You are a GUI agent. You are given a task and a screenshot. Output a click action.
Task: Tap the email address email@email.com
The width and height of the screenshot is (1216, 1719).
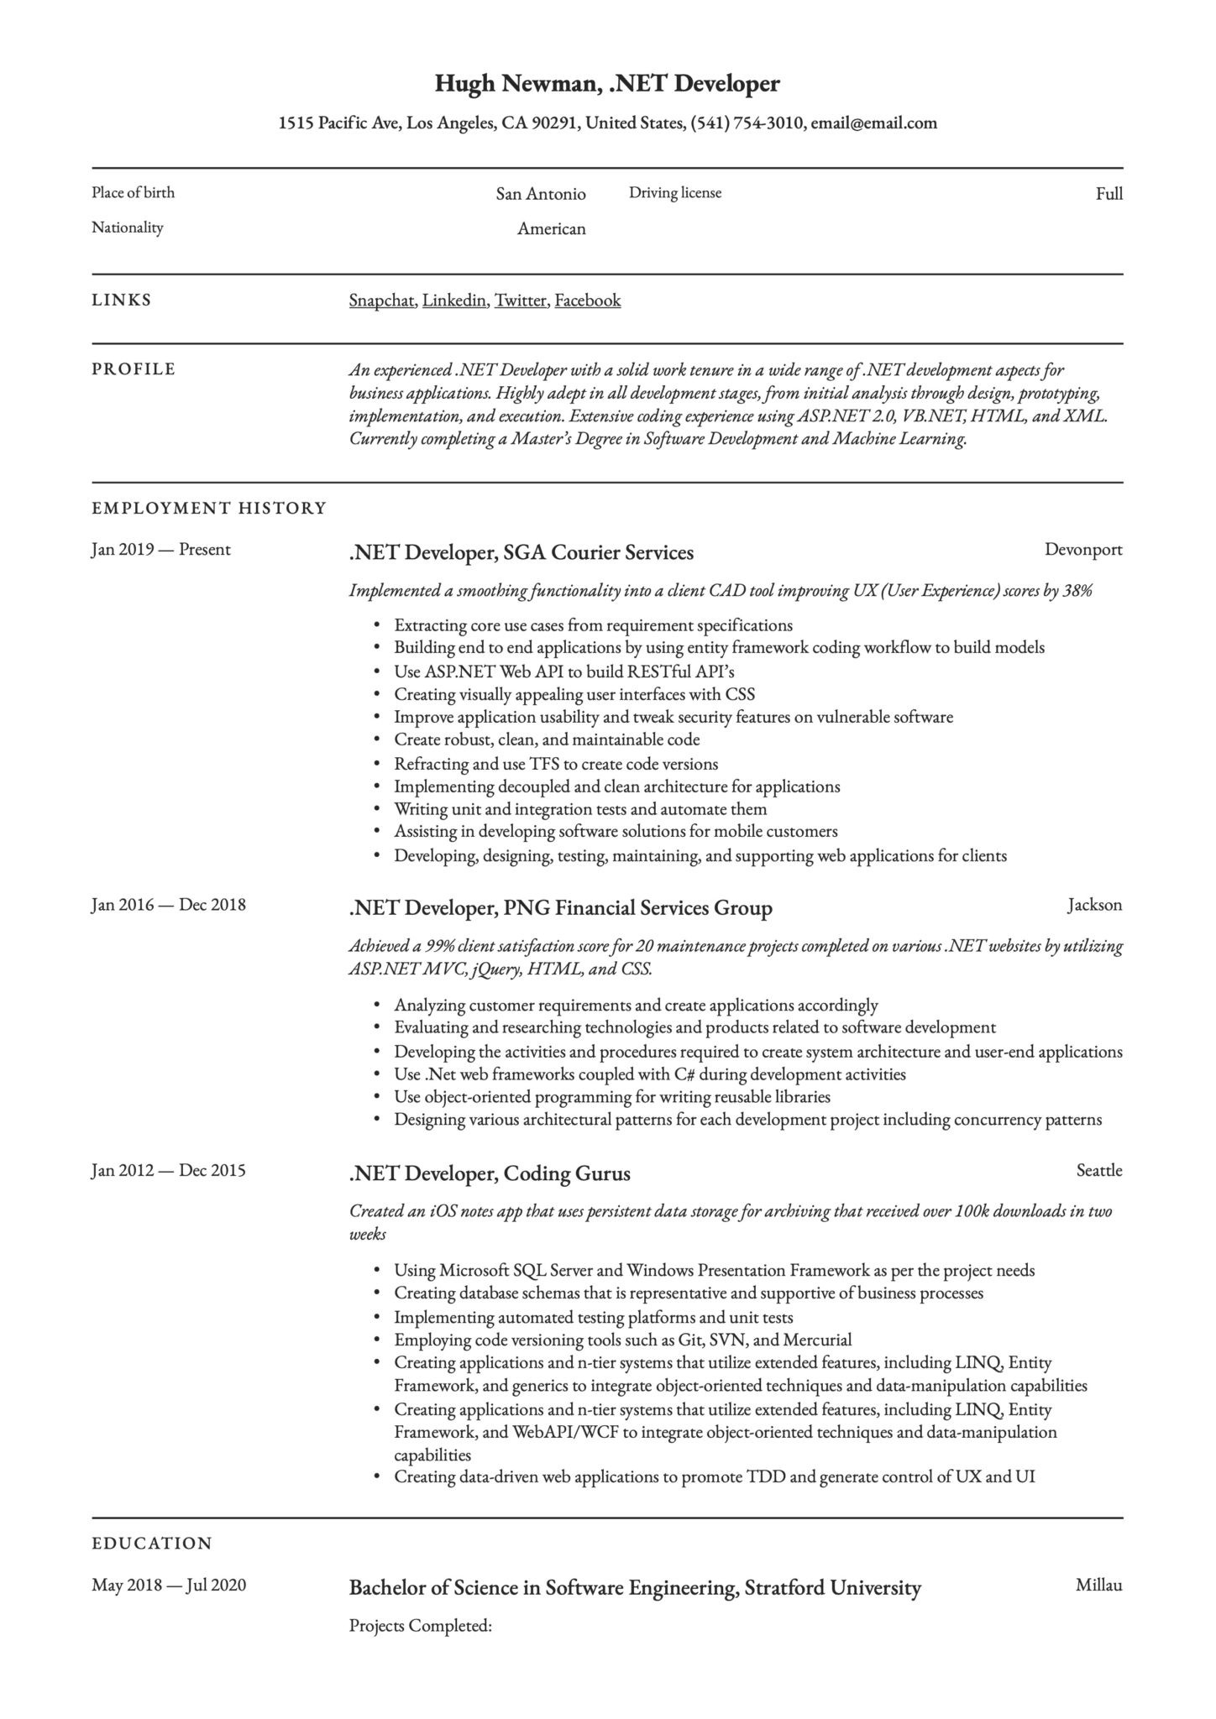pyautogui.click(x=873, y=123)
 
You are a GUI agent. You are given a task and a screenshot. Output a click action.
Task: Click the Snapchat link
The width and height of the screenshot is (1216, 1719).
pyautogui.click(x=381, y=300)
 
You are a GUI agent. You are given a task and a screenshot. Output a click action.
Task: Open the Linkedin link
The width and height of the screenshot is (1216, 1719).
pyautogui.click(x=454, y=300)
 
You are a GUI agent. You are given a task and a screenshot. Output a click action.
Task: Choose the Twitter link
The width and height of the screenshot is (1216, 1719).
pyautogui.click(x=521, y=300)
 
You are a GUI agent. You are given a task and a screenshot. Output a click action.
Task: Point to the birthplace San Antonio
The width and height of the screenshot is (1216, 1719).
pyautogui.click(x=540, y=195)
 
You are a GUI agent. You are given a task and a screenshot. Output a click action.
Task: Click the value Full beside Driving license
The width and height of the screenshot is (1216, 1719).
pyautogui.click(x=1109, y=195)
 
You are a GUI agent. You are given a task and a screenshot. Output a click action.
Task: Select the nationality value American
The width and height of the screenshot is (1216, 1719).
pyautogui.click(x=551, y=229)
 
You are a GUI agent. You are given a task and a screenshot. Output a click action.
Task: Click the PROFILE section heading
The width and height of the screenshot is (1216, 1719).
pyautogui.click(x=134, y=369)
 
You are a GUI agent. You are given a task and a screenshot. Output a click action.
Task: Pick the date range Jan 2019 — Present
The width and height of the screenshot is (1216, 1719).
pyautogui.click(x=160, y=550)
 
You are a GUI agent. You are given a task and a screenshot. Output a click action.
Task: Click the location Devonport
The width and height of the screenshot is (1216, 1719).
pyautogui.click(x=1082, y=550)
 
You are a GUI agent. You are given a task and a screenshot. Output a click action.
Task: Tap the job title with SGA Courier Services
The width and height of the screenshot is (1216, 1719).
pyautogui.click(x=521, y=553)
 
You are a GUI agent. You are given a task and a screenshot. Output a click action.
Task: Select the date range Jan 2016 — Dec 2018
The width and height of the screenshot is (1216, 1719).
pyautogui.click(x=168, y=905)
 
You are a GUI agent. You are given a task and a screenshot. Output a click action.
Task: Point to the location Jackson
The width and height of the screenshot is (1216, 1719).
pyautogui.click(x=1094, y=905)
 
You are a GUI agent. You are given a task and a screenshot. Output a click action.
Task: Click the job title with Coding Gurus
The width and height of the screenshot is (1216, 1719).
pyautogui.click(x=489, y=1173)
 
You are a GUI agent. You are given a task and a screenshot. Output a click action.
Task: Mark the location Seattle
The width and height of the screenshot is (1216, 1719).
pyautogui.click(x=1098, y=1171)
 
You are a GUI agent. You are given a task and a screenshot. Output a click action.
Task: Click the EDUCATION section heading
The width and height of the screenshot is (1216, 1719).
pyautogui.click(x=152, y=1544)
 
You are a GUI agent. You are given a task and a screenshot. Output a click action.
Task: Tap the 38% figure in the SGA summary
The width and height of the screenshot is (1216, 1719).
pyautogui.click(x=1077, y=591)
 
